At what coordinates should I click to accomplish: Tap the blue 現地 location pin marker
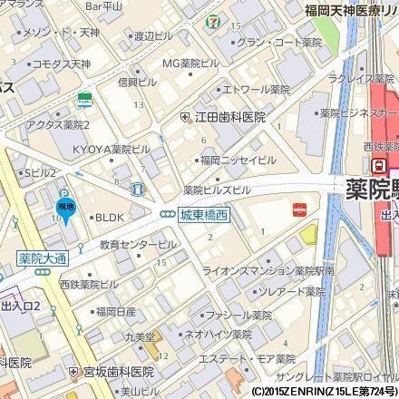coord(66,209)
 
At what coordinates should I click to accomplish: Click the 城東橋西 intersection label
coord(199,214)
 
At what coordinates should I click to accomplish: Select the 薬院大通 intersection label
coord(44,258)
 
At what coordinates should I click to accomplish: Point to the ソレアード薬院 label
coord(288,292)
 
